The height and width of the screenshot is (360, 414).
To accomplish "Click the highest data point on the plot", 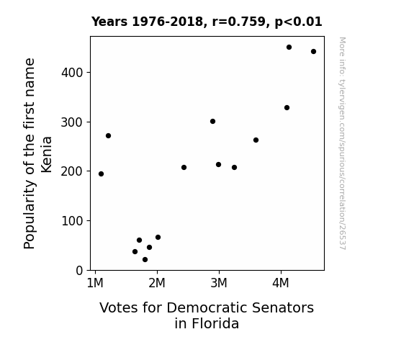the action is click(289, 48).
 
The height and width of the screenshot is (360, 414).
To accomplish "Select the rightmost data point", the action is click(313, 52).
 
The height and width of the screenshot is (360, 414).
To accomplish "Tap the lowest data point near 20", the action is click(145, 260).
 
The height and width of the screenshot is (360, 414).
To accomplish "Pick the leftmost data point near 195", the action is click(101, 174).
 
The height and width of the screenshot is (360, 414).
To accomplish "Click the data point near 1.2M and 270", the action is click(108, 136).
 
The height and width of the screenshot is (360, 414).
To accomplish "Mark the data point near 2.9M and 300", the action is click(212, 122).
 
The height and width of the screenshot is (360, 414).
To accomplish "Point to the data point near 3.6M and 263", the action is click(256, 140).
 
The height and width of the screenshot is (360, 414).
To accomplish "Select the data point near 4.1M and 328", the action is click(287, 108).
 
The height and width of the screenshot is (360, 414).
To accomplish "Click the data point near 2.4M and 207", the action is click(184, 168).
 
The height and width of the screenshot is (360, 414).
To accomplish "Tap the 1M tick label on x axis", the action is click(95, 283).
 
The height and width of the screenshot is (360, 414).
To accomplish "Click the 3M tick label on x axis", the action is click(219, 283).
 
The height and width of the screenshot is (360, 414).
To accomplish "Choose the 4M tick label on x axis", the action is click(281, 283).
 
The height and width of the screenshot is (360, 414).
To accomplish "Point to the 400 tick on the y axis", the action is click(72, 73).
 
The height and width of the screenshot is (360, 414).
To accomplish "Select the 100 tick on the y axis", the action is click(72, 221).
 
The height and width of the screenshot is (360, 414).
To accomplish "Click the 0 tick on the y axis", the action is click(79, 271).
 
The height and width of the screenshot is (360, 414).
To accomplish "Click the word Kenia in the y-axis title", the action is click(47, 155).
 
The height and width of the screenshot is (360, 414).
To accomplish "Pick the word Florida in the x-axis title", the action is click(215, 323).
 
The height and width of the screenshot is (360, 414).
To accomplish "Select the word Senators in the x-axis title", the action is click(283, 308).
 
